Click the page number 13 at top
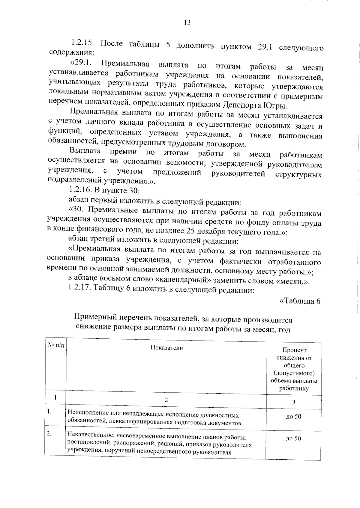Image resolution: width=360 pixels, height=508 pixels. (187, 22)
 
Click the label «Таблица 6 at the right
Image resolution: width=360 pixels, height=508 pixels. (300, 301)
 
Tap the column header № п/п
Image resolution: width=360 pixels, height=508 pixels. (55, 345)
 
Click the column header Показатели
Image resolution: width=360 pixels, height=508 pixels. (166, 348)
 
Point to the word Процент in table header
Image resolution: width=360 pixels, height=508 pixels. (294, 350)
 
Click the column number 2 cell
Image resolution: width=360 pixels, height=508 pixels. (166, 400)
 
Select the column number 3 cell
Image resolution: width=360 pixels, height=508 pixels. (294, 402)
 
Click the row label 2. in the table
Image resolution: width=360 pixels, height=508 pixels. (49, 434)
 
